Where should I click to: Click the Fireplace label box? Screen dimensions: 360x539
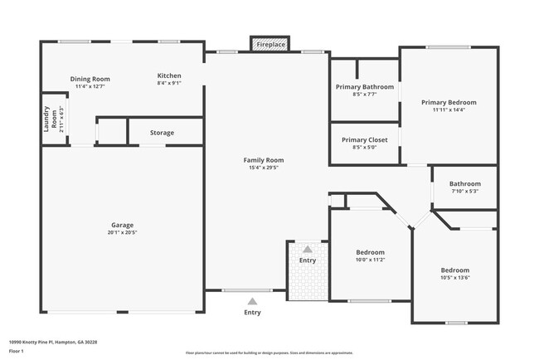(x=270, y=44)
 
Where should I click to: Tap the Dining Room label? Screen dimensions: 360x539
(x=90, y=79)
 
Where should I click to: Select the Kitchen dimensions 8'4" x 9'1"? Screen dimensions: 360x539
(x=169, y=83)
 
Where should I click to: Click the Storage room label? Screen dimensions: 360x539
(x=162, y=133)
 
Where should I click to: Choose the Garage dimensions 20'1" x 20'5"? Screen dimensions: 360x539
(x=123, y=232)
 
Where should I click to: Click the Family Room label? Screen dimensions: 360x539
(x=263, y=159)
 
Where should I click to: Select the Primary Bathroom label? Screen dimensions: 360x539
(x=364, y=86)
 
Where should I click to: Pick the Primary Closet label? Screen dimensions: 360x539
(x=364, y=139)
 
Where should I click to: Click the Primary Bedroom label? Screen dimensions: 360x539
(x=449, y=102)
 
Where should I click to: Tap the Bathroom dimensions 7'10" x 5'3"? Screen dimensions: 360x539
(x=464, y=192)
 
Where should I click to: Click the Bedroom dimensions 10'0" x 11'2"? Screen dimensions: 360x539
(x=370, y=260)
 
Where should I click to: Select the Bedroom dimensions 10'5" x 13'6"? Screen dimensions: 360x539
(x=454, y=278)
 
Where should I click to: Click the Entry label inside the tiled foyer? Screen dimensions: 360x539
(x=308, y=260)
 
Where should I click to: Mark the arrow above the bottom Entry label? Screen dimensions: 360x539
(x=252, y=300)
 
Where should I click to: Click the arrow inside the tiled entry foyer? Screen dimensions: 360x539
(x=308, y=248)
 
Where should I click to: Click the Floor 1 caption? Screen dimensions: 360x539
(x=16, y=351)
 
